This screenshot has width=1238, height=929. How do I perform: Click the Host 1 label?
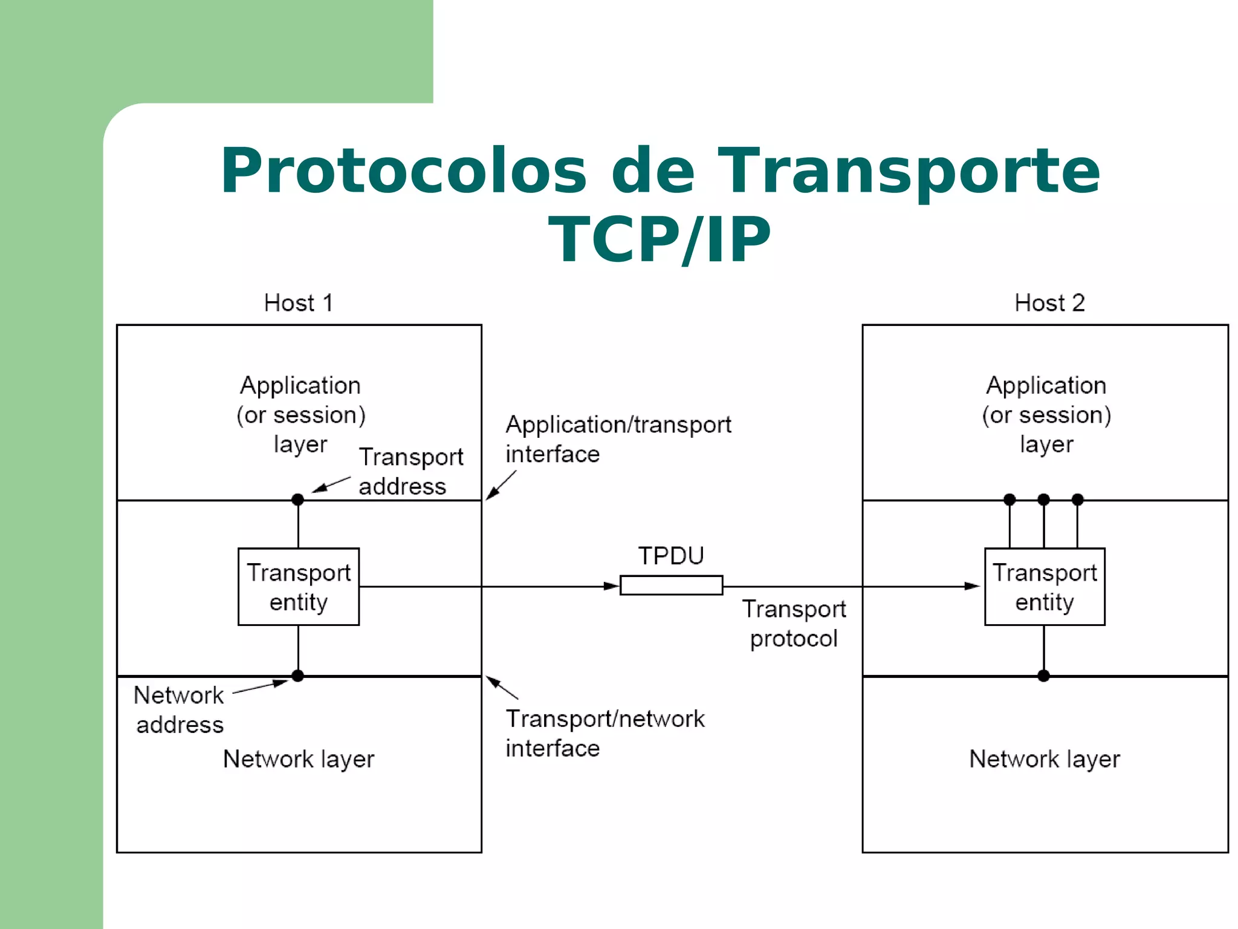[x=299, y=303]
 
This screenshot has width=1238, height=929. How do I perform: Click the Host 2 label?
[x=1049, y=303]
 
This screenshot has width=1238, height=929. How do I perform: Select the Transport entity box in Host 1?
[x=299, y=587]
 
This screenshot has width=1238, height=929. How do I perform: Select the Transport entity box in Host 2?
[x=1045, y=587]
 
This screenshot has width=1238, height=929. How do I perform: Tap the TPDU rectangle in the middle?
[x=671, y=585]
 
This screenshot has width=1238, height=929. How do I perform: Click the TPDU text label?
[x=671, y=556]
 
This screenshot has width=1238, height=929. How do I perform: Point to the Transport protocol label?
[x=794, y=624]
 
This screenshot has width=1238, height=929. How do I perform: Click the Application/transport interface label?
[x=618, y=439]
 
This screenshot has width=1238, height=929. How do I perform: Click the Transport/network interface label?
[x=604, y=733]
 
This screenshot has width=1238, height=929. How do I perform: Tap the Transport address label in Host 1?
[x=411, y=472]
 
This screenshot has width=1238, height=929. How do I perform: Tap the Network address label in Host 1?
[x=179, y=709]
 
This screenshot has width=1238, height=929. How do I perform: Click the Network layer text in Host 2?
[x=1045, y=759]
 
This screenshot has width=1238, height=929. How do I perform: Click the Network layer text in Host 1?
[x=299, y=759]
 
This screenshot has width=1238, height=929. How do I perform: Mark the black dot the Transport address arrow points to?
[x=297, y=500]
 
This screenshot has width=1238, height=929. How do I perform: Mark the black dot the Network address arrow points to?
[x=297, y=676]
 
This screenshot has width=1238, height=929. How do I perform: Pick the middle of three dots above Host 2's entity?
[x=1043, y=500]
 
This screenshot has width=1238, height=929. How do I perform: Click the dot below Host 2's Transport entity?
[x=1043, y=676]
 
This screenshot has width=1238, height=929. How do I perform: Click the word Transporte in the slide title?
[x=909, y=172]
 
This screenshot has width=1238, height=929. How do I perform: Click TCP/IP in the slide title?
[x=659, y=240]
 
